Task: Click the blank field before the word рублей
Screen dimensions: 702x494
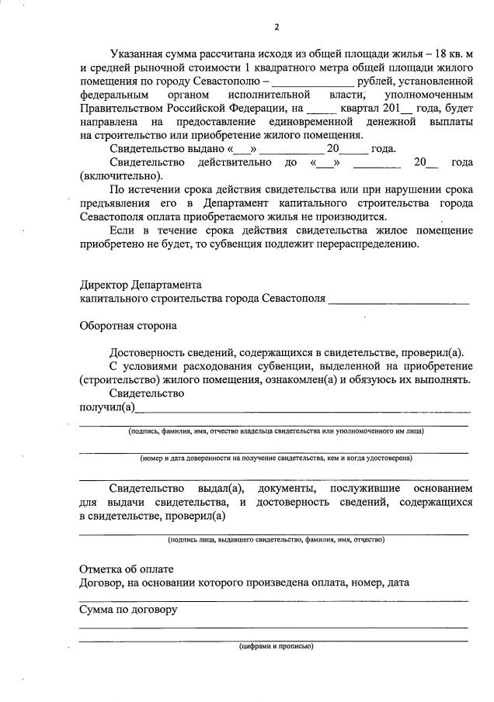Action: click(314, 81)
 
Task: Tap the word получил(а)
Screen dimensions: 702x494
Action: click(107, 406)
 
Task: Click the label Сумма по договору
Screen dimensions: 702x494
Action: click(128, 609)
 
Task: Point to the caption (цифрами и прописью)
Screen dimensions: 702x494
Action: click(276, 645)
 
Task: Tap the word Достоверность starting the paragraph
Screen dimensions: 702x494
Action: click(147, 352)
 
